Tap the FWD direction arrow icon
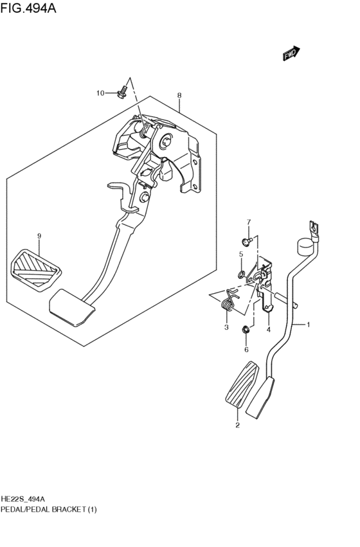[x=291, y=55]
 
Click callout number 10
[x=100, y=94]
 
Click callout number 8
[x=179, y=96]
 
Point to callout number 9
[x=39, y=237]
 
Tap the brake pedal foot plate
[x=72, y=306]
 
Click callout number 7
[x=248, y=222]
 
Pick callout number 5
[x=241, y=255]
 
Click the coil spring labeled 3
[x=229, y=301]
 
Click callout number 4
[x=268, y=330]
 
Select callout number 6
[x=246, y=350]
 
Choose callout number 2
[x=237, y=426]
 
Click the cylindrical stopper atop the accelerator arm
[x=303, y=247]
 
